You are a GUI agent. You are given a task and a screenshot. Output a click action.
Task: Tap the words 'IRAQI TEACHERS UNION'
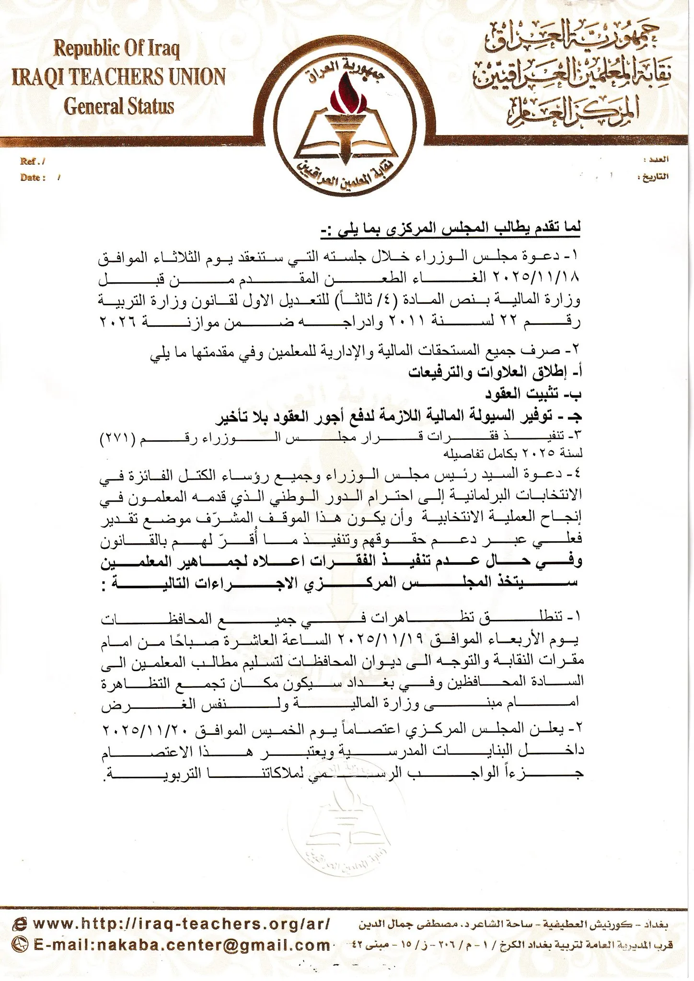pos(118,77)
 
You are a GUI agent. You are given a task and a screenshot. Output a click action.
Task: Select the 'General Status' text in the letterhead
pos(119,105)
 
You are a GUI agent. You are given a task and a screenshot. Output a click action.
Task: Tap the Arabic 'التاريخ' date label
pos(655,177)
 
